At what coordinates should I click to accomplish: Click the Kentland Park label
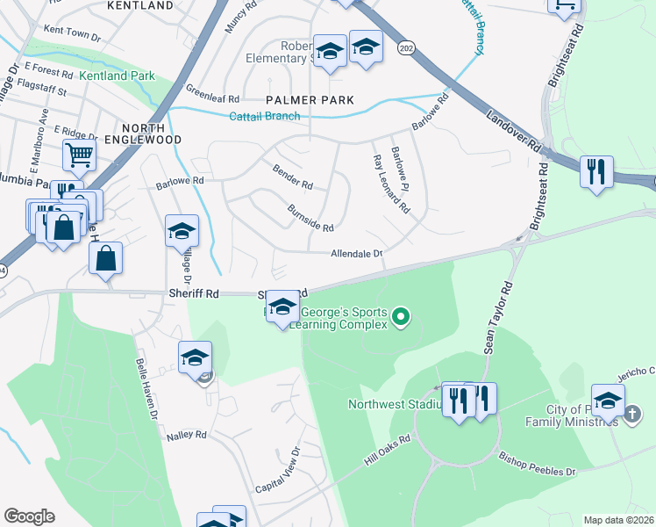click(x=117, y=76)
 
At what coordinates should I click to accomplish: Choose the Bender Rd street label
click(x=293, y=177)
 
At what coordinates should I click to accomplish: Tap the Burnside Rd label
click(x=310, y=220)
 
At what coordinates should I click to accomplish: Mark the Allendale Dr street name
click(x=357, y=254)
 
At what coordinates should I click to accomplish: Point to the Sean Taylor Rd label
click(x=496, y=318)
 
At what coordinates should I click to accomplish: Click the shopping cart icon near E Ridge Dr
click(x=79, y=155)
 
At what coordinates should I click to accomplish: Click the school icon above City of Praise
click(x=608, y=401)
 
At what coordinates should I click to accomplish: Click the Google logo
click(x=29, y=516)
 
